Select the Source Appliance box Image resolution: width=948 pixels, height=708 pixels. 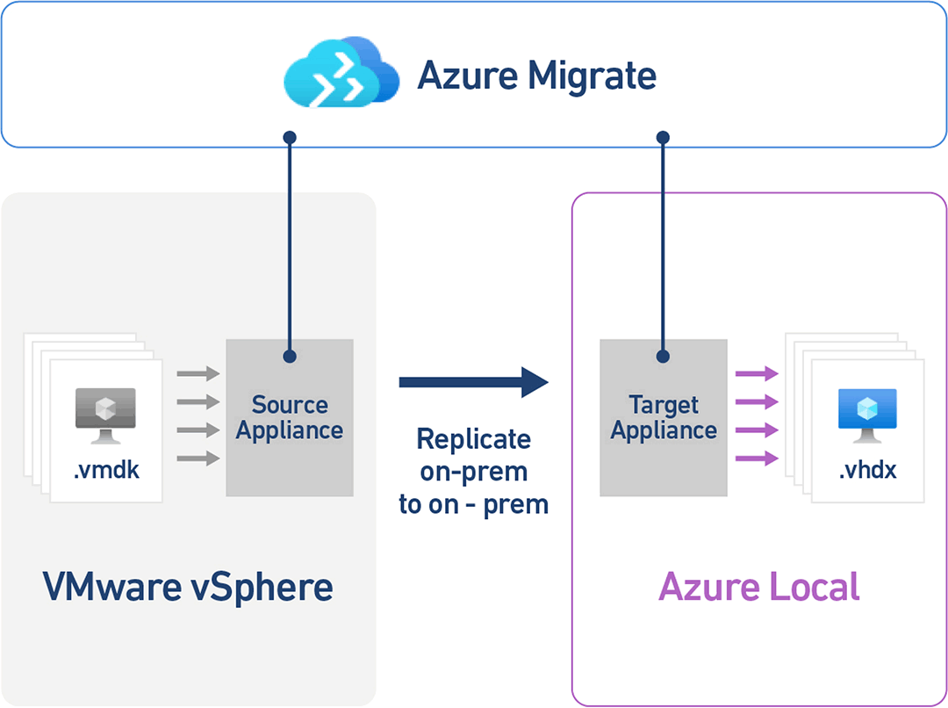(x=290, y=418)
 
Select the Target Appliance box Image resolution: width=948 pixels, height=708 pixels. (x=664, y=418)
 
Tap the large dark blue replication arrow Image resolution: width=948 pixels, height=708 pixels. (x=473, y=381)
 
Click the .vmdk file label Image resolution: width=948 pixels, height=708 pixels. (x=106, y=471)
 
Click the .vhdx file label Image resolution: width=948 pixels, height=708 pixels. (x=867, y=471)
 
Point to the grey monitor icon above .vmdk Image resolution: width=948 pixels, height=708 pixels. (x=105, y=413)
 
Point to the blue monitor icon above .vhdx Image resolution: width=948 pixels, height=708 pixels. (x=867, y=413)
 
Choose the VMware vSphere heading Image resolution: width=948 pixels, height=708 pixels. (x=188, y=586)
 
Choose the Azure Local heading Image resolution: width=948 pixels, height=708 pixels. (x=759, y=586)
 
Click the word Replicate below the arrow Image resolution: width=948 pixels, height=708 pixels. (x=473, y=439)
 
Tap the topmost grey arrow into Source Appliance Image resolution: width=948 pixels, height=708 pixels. (x=198, y=374)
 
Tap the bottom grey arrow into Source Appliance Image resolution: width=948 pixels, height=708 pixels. (x=198, y=458)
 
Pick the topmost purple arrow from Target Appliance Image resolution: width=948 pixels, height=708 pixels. (x=757, y=374)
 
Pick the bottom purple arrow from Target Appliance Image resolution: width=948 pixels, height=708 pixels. (x=757, y=458)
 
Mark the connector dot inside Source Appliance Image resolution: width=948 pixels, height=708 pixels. (x=290, y=357)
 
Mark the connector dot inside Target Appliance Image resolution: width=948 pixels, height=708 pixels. (x=664, y=357)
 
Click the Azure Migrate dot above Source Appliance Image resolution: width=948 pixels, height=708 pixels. (x=290, y=138)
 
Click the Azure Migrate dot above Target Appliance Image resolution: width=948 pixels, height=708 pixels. (x=664, y=138)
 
